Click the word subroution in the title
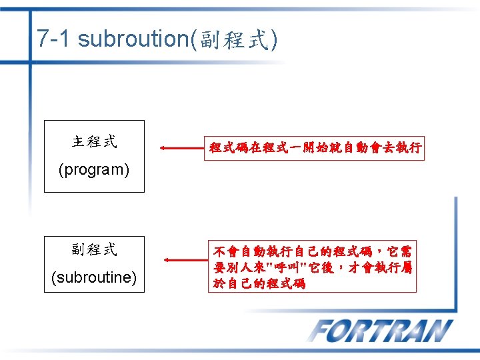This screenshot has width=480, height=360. click(133, 39)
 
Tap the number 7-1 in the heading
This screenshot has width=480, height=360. click(53, 39)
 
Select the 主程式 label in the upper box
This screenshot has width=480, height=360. click(94, 141)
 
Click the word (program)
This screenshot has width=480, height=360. click(94, 169)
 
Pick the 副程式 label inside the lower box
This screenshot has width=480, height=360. click(94, 249)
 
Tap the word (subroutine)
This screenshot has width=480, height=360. click(94, 277)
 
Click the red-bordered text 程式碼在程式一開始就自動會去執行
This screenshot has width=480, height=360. click(315, 148)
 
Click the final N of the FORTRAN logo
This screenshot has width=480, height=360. click(437, 331)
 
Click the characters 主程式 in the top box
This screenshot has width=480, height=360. click(94, 141)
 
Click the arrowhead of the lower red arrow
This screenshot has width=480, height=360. click(166, 259)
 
